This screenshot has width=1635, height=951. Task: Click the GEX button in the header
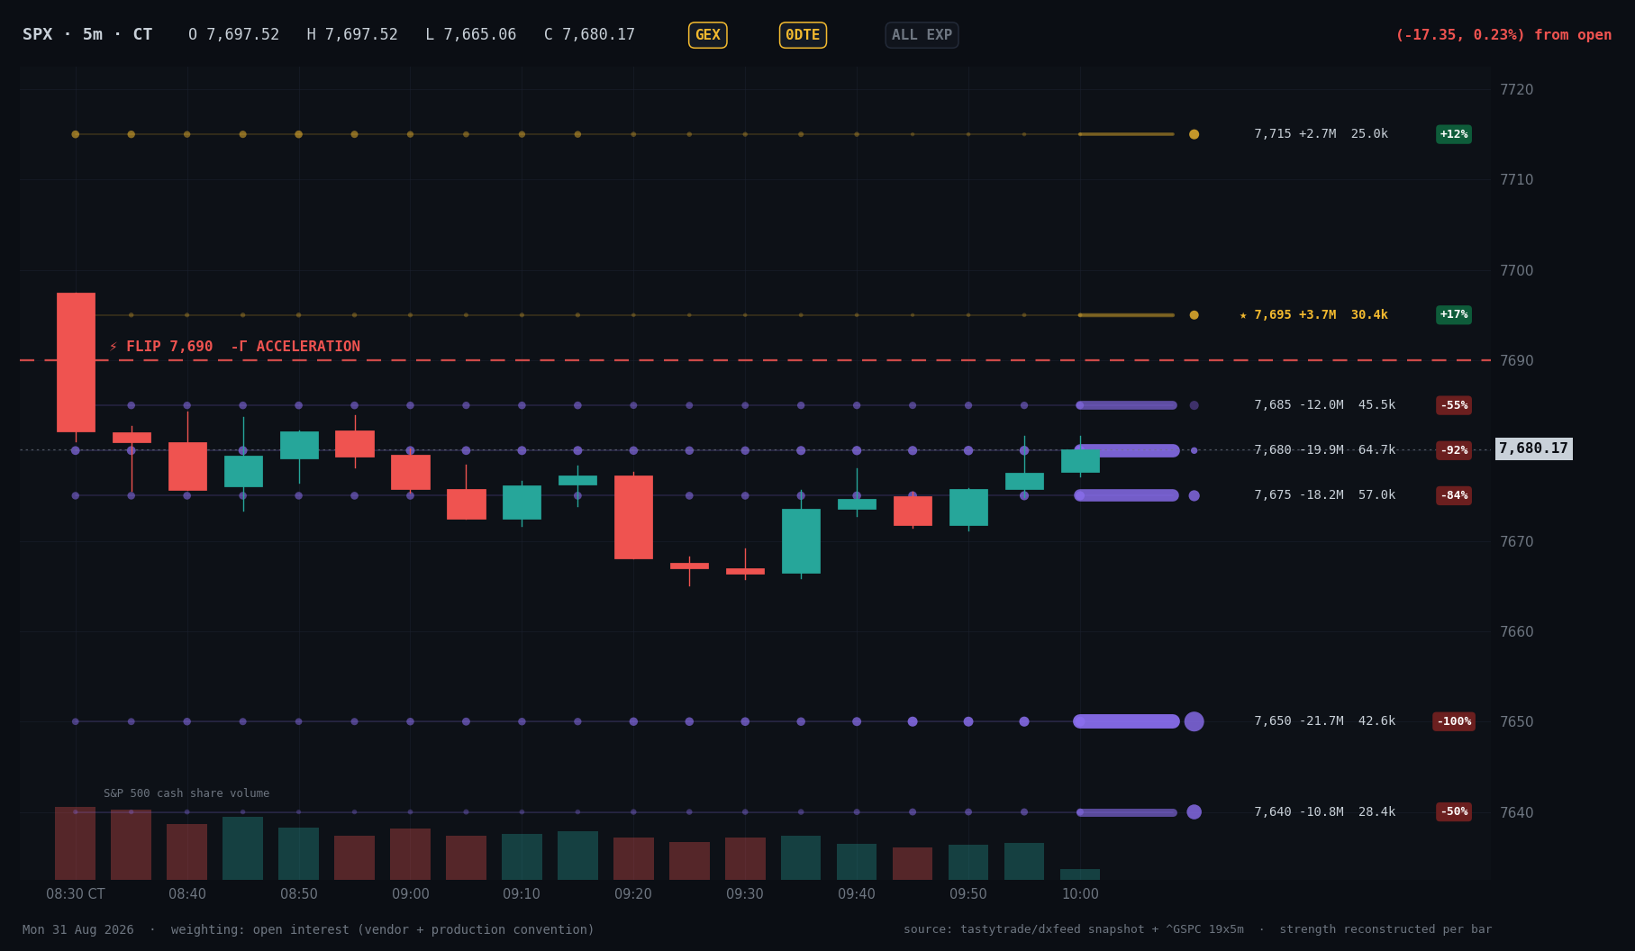click(707, 35)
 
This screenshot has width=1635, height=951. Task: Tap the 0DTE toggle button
click(803, 35)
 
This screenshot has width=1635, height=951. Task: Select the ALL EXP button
click(922, 35)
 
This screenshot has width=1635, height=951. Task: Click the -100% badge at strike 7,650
click(1454, 721)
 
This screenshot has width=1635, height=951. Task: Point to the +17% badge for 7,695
click(1454, 314)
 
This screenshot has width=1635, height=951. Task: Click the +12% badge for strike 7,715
click(1454, 134)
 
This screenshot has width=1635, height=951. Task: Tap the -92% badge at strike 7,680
click(1454, 450)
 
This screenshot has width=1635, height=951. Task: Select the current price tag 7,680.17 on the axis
click(1533, 448)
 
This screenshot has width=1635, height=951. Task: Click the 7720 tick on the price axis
click(1516, 89)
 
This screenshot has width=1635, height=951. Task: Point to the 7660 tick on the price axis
click(1516, 631)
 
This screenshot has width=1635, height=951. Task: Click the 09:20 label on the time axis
click(633, 894)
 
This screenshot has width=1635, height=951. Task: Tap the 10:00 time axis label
click(1080, 894)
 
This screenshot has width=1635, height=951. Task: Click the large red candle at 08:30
click(76, 362)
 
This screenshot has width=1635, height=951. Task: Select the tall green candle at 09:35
click(801, 541)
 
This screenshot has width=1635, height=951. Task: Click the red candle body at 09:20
click(633, 517)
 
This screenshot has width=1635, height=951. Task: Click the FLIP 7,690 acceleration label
click(234, 347)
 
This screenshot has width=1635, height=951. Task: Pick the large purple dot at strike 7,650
click(1194, 721)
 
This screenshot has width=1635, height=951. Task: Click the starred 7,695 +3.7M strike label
click(1313, 314)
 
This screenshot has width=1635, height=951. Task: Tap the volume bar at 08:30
click(76, 843)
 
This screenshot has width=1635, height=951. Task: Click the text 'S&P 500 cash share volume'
click(186, 793)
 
